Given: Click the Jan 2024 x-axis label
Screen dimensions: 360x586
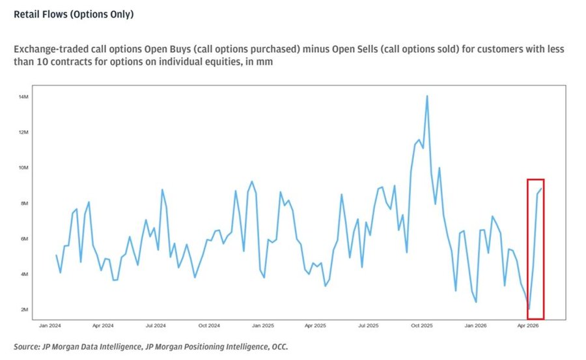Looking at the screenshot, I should click(x=50, y=325).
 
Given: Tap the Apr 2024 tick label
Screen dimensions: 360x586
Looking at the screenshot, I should click(x=103, y=325).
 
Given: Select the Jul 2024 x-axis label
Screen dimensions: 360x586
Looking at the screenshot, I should click(x=156, y=325).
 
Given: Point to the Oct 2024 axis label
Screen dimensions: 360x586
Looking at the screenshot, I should click(x=210, y=325).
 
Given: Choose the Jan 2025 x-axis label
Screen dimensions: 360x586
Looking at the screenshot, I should click(x=263, y=325).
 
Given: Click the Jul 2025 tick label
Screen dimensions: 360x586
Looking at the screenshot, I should click(x=369, y=325).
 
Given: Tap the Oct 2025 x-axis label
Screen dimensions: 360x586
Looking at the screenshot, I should click(x=422, y=325).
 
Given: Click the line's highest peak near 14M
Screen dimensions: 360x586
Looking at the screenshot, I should click(x=427, y=96).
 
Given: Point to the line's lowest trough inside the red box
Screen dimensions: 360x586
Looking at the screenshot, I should click(x=529, y=309).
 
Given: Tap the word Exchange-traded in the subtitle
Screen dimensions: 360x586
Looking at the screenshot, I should click(x=45, y=49).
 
